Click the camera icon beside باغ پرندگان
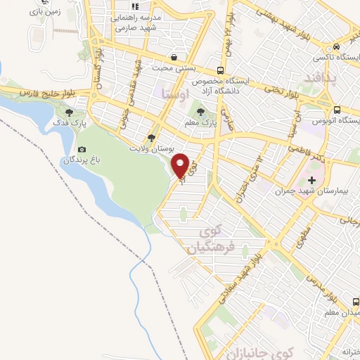pyautogui.click(x=82, y=149)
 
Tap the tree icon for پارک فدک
pyautogui.click(x=69, y=112)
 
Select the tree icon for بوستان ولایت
pyautogui.click(x=151, y=137)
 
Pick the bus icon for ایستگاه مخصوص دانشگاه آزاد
pyautogui.click(x=221, y=70)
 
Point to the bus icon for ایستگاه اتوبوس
pyautogui.click(x=338, y=110)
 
